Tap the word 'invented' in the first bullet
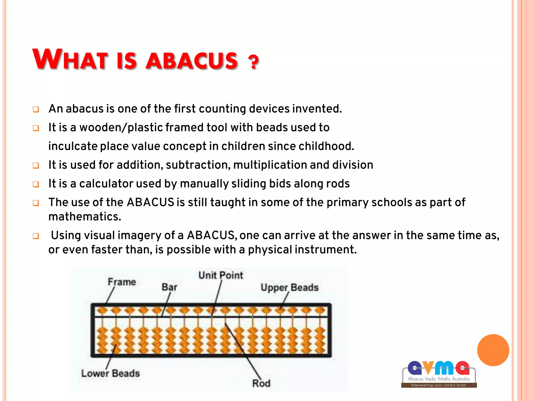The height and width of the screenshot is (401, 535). (x=317, y=109)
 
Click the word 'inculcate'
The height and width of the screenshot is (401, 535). (x=72, y=146)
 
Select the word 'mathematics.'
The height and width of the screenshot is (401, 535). (x=85, y=217)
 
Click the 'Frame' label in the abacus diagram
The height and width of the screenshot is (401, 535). (x=122, y=282)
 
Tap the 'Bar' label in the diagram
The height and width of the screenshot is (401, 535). (x=169, y=287)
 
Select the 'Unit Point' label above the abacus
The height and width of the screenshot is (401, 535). (x=220, y=275)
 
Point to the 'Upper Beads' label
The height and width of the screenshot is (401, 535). (x=289, y=287)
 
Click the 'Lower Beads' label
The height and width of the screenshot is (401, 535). (x=110, y=373)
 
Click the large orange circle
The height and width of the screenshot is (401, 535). (x=493, y=350)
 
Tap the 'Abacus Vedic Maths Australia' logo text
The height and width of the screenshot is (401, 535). (x=439, y=379)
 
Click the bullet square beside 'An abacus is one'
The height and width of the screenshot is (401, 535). (x=36, y=109)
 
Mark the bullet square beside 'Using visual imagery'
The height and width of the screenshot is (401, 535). (x=36, y=236)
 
